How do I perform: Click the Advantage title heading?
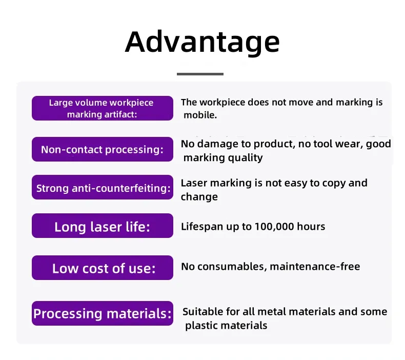pyautogui.click(x=202, y=42)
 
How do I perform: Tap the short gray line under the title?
pyautogui.click(x=200, y=74)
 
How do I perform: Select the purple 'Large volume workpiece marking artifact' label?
pyautogui.click(x=102, y=108)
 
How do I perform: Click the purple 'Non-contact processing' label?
pyautogui.click(x=102, y=149)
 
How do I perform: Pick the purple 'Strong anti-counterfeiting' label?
pyautogui.click(x=102, y=188)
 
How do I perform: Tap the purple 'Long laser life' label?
pyautogui.click(x=102, y=226)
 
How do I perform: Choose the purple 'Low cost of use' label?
pyautogui.click(x=102, y=268)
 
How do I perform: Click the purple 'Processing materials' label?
pyautogui.click(x=102, y=313)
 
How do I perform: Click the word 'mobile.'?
pyautogui.click(x=200, y=115)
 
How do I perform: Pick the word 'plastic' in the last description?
pyautogui.click(x=202, y=325)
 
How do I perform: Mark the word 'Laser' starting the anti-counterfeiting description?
pyautogui.click(x=194, y=183)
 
